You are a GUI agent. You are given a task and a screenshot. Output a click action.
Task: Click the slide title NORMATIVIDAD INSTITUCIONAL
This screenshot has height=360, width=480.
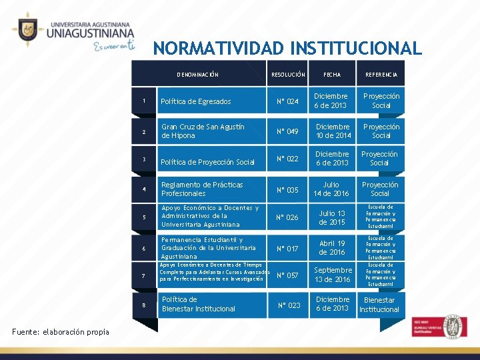pyautogui.click(x=287, y=49)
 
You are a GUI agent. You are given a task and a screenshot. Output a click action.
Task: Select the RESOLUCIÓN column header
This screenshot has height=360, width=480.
pyautogui.click(x=288, y=75)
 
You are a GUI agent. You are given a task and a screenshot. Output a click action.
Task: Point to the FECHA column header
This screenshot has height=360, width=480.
pyautogui.click(x=332, y=75)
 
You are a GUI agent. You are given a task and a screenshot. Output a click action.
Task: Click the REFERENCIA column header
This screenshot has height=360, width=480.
pyautogui.click(x=381, y=75)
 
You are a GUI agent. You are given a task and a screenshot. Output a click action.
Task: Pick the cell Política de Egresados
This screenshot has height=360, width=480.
pyautogui.click(x=197, y=102)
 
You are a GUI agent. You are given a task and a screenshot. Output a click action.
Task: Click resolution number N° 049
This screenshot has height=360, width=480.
pyautogui.click(x=288, y=131)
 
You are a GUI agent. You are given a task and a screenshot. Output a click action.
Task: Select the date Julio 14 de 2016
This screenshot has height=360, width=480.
pyautogui.click(x=331, y=189)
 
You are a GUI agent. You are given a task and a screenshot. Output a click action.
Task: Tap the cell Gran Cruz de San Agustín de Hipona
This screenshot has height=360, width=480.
pyautogui.click(x=203, y=131)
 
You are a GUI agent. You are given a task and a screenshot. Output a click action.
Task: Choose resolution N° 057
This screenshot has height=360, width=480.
pyautogui.click(x=288, y=275)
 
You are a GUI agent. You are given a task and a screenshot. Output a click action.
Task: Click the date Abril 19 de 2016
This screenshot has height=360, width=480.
pyautogui.click(x=332, y=248)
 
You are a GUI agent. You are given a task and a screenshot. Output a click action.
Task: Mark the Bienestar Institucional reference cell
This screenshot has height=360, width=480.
pyautogui.click(x=379, y=305)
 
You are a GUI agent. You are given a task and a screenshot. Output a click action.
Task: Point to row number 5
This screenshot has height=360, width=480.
pyautogui.click(x=143, y=218)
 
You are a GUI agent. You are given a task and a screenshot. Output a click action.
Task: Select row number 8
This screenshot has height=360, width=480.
pyautogui.click(x=143, y=305)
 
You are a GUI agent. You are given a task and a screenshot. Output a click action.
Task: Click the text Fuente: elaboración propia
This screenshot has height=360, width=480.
pyautogui.click(x=61, y=331)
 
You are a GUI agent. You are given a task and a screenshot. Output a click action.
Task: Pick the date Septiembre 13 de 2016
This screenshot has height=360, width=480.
pyautogui.click(x=333, y=275)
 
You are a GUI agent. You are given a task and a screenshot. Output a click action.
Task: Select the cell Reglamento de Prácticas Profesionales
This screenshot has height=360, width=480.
pyautogui.click(x=202, y=189)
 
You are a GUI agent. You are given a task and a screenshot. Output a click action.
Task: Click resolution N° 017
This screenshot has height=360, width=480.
pyautogui.click(x=288, y=249)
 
